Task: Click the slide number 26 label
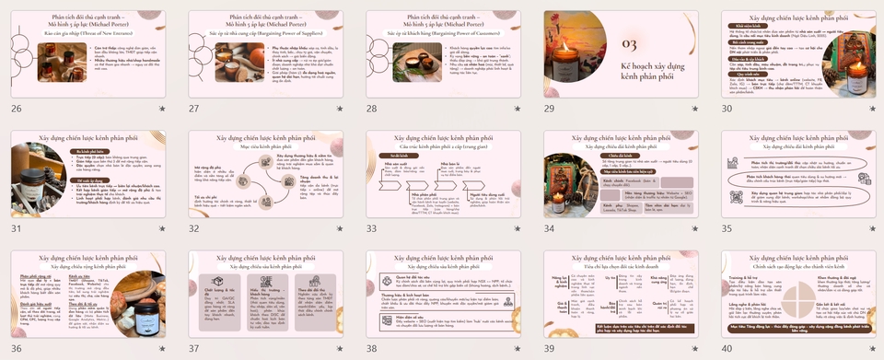(16, 109)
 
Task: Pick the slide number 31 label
(16, 227)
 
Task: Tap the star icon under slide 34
(695, 227)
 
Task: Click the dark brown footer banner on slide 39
(621, 328)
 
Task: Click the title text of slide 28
(443, 20)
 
